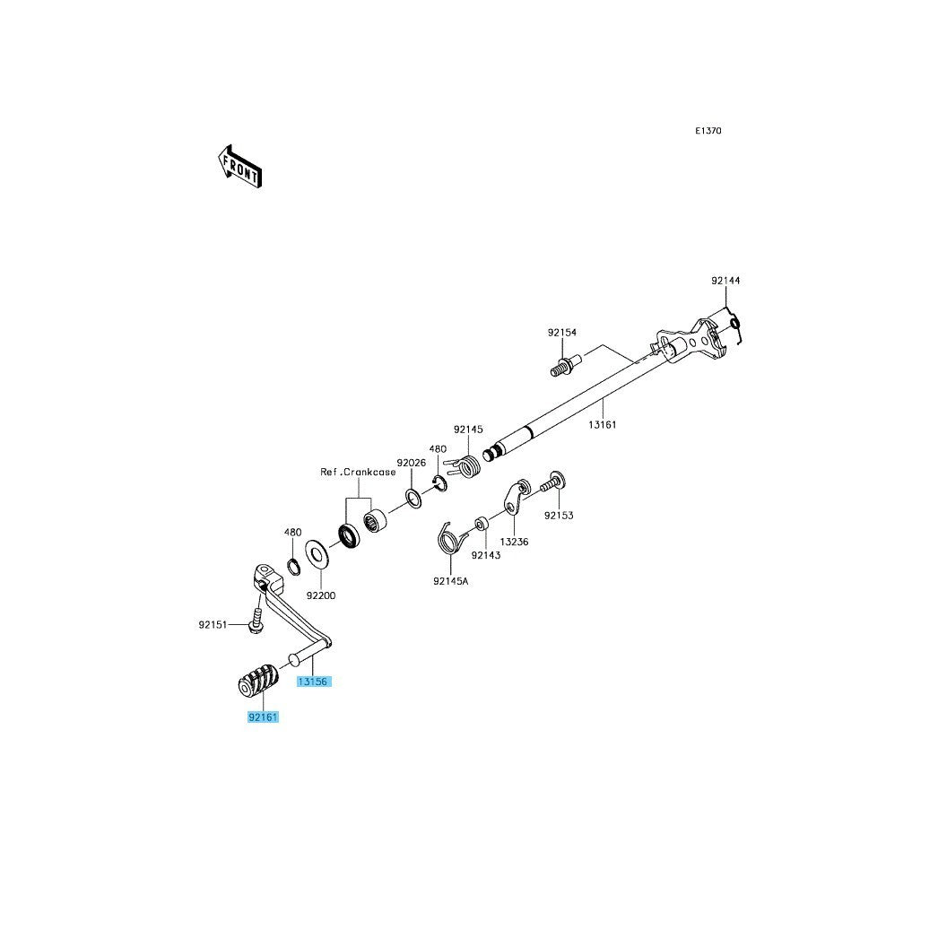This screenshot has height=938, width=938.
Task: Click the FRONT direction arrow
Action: tap(240, 168)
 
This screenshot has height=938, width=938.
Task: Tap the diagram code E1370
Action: tap(708, 130)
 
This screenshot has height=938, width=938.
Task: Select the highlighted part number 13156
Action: tap(314, 682)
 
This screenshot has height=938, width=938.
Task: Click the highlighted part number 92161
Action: tap(264, 717)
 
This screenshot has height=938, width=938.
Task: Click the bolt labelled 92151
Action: tap(257, 622)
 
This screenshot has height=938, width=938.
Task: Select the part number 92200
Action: tap(321, 595)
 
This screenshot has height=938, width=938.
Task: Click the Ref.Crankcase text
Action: tap(358, 472)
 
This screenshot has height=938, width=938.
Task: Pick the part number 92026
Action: tap(412, 463)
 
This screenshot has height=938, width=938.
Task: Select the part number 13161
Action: tap(602, 424)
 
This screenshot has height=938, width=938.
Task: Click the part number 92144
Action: tap(725, 280)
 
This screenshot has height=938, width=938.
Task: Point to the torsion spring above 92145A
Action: tap(450, 537)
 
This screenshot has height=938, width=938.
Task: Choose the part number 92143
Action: tap(486, 554)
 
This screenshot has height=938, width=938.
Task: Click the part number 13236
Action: tap(515, 542)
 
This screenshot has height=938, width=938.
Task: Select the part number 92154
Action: tap(562, 332)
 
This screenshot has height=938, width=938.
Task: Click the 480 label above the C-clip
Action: tap(438, 448)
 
